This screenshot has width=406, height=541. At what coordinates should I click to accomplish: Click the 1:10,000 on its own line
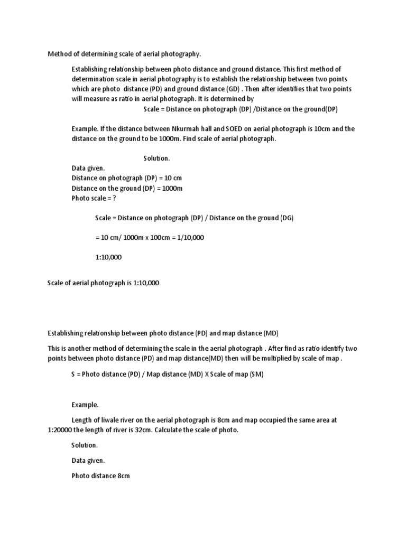point(108,257)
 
